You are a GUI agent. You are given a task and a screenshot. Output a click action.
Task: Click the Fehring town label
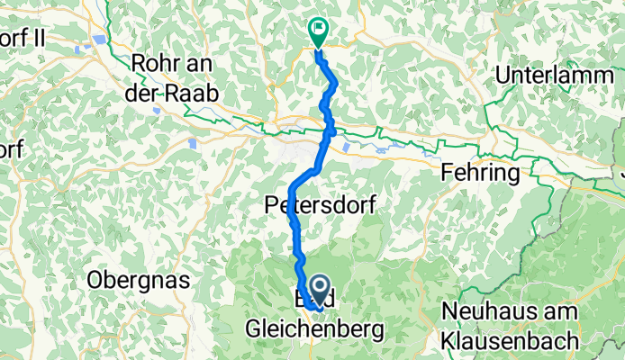[478, 172]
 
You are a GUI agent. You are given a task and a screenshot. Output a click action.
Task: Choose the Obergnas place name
[139, 281]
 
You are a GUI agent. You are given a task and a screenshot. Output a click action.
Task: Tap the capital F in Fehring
[446, 172]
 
